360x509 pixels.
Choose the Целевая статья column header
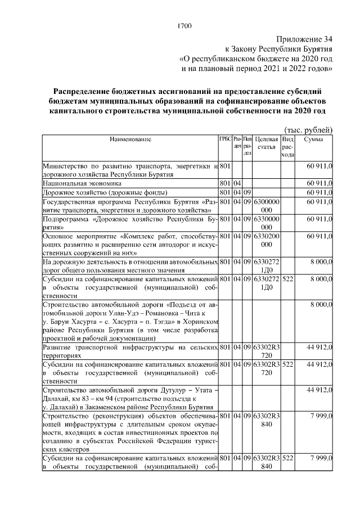(x=266, y=143)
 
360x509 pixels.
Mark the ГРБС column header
(x=225, y=138)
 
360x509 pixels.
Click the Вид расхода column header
(x=287, y=146)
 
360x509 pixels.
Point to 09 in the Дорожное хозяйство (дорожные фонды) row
(x=247, y=192)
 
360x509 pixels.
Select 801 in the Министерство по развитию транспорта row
(x=225, y=166)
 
